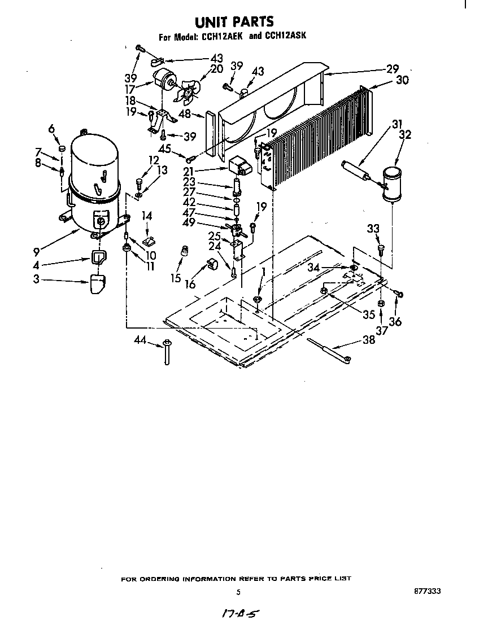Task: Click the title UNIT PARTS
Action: (x=234, y=21)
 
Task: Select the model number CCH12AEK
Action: (x=222, y=38)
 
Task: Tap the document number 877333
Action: (x=427, y=591)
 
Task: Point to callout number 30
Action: (x=402, y=80)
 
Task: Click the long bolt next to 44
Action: (x=167, y=352)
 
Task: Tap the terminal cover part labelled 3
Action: (x=98, y=283)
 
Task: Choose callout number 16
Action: (x=190, y=284)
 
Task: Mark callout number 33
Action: (x=373, y=229)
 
